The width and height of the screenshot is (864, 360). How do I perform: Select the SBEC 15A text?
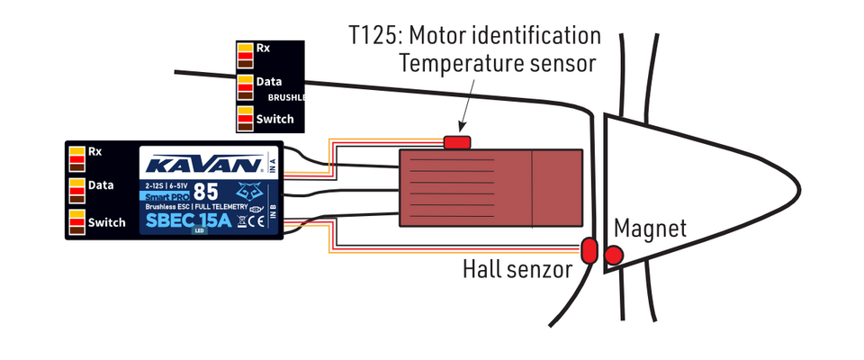(186, 220)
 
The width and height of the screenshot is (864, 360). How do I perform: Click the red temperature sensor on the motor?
(457, 141)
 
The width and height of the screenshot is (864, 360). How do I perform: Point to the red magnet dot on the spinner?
(615, 256)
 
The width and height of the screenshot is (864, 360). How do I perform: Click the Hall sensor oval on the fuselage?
(589, 250)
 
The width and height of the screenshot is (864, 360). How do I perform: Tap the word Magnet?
(651, 229)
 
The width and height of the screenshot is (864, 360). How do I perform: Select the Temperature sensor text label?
(498, 64)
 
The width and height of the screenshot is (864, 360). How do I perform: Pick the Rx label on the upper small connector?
(263, 49)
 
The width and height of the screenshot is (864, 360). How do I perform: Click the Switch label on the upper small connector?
(274, 118)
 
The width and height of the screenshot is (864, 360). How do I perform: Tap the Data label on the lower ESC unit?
(101, 185)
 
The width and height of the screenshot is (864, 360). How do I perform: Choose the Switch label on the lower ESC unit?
(106, 221)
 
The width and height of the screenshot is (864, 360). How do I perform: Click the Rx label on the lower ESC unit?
(94, 151)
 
